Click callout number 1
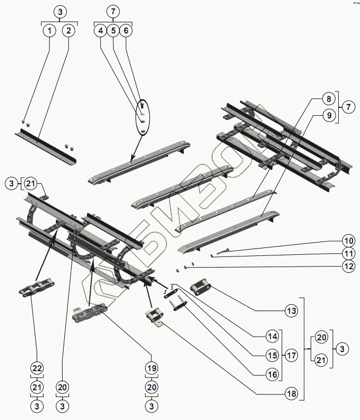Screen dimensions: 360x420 (49, 31)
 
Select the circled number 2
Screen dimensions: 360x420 (68, 31)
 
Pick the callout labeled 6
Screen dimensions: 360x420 (125, 31)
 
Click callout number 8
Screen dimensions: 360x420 (329, 98)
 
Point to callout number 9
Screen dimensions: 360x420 (329, 115)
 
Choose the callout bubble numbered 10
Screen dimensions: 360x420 (348, 239)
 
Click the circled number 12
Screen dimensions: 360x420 (348, 267)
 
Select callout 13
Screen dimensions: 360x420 (290, 311)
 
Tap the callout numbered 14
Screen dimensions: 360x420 (272, 337)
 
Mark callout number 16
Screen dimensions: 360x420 (272, 374)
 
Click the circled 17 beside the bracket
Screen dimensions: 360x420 (290, 355)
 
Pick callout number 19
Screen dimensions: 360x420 (152, 368)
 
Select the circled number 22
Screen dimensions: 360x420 (37, 368)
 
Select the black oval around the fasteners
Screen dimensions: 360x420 (143, 116)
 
